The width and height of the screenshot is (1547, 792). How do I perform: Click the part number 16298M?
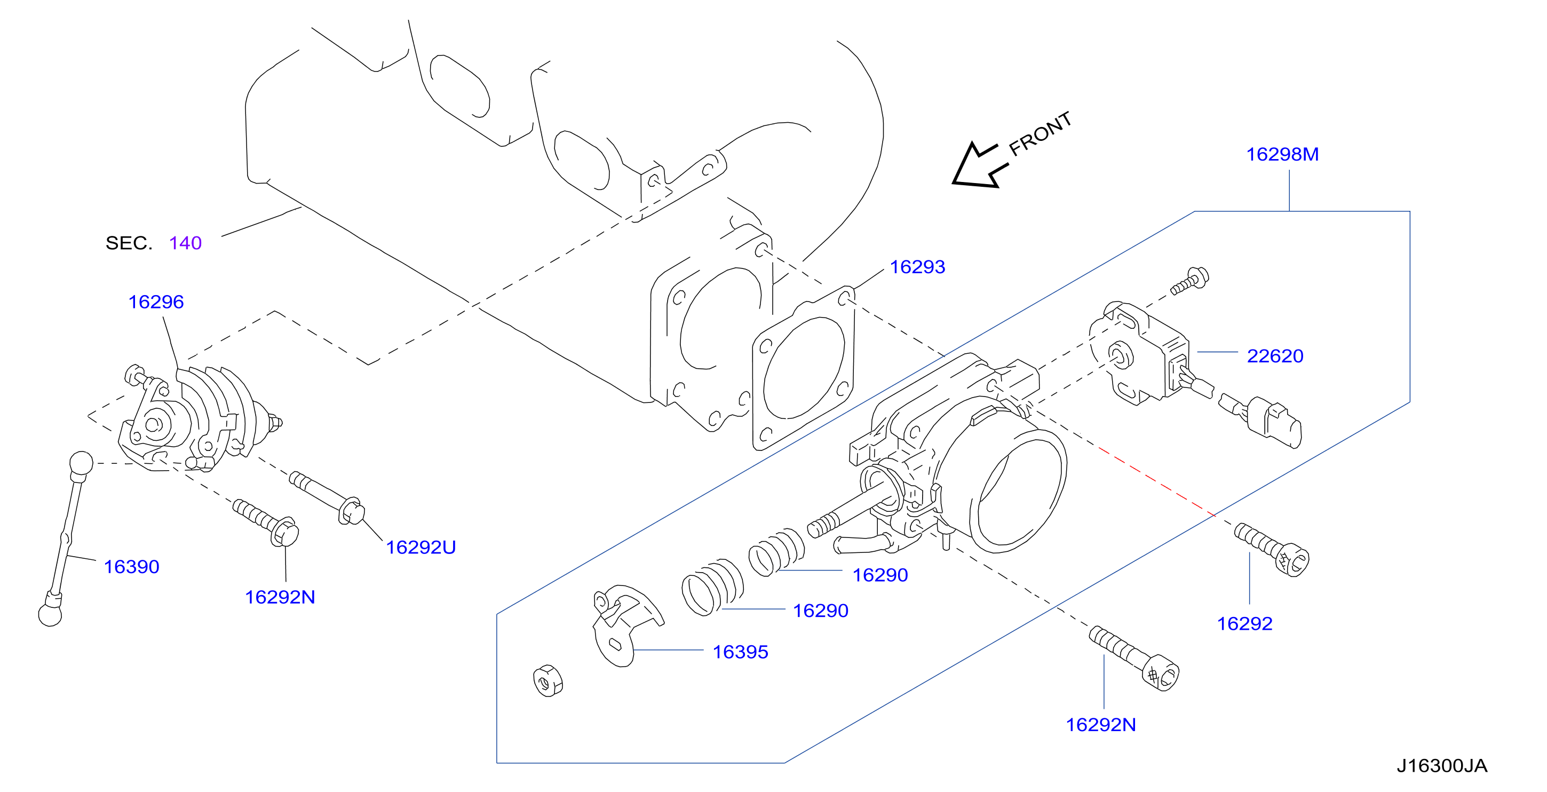pos(1282,154)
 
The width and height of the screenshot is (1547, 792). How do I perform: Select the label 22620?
pos(1275,356)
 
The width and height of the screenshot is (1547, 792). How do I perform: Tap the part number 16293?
pos(917,267)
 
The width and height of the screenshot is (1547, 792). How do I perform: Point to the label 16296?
pos(156,302)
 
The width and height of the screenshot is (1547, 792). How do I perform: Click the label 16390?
pos(131,566)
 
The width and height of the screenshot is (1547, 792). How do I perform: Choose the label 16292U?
pos(421,547)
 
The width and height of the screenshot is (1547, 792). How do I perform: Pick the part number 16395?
pos(740,652)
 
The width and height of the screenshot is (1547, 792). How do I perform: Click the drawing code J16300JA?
pos(1441,765)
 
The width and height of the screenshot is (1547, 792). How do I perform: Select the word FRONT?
pos(1040,133)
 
